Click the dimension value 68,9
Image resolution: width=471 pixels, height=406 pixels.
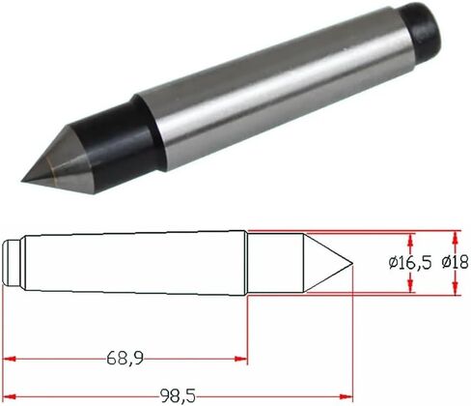(125, 360)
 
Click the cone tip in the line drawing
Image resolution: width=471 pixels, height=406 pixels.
(349, 263)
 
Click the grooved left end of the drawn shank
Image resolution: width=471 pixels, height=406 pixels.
(11, 263)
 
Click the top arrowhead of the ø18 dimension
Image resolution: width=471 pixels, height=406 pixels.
(456, 235)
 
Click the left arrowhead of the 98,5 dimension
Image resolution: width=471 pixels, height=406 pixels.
(10, 395)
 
